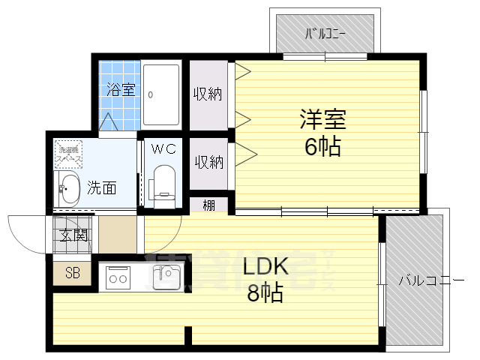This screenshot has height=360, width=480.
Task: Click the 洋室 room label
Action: pos(323,120)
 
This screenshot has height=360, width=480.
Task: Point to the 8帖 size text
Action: pos(265,293)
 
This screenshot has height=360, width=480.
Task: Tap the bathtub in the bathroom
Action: pos(161,94)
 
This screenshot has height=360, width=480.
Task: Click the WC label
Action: pos(163,148)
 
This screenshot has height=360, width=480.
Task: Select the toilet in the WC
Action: pos(162,184)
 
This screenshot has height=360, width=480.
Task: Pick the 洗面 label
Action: pos(101,187)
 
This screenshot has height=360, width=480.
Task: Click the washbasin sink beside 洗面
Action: pos(68,190)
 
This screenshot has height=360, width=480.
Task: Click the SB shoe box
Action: pos(72,273)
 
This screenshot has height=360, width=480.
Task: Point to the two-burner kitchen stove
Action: pos(118,278)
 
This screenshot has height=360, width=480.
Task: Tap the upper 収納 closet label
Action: pos(208,94)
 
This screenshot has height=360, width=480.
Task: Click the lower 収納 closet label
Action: pos(208,161)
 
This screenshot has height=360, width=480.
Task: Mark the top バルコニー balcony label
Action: pos(324,34)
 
